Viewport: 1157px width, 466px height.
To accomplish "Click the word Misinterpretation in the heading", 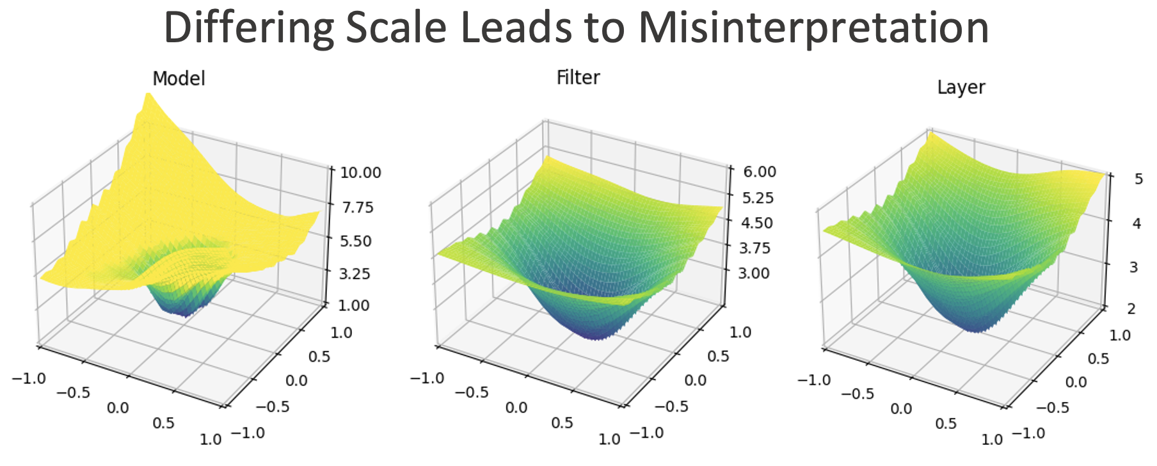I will pos(813,28).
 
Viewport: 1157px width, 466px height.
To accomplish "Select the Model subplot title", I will pos(179,79).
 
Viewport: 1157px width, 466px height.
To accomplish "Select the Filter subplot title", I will pos(578,77).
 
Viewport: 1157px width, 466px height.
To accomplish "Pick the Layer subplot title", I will pos(961,87).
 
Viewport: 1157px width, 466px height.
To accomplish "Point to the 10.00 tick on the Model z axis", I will pos(360,172).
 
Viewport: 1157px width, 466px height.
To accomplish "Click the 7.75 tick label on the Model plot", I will pos(356,207).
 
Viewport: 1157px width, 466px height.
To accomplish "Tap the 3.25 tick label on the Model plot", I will pos(354,273).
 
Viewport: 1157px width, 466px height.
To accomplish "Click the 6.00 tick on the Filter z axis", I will pos(759,172).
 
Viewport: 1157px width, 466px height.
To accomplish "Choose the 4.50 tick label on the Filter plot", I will pos(757,223).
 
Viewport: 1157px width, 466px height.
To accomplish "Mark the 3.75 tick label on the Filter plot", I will pos(756,248).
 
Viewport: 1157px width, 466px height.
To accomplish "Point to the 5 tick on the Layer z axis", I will pos(1138,179).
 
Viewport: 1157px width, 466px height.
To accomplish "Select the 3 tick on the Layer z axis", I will pos(1133,267).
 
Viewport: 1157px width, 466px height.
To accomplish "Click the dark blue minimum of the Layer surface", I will pos(976,327).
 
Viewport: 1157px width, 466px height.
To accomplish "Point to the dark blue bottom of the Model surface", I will pos(184,312).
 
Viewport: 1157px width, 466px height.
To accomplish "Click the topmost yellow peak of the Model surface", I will pos(148,96).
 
